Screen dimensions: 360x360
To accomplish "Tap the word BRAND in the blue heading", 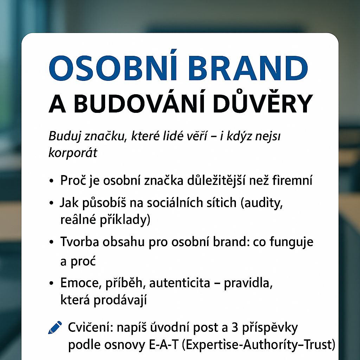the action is click(248, 68).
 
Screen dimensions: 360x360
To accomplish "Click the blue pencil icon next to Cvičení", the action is click(55, 327).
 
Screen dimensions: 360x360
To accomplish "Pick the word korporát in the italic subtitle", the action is click(73, 152).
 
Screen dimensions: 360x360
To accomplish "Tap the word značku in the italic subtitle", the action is click(105, 136).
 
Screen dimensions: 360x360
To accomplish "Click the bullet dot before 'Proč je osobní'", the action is click(51, 181).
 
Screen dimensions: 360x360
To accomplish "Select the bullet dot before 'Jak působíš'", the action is click(51, 203).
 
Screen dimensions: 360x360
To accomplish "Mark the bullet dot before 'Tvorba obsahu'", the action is click(51, 242).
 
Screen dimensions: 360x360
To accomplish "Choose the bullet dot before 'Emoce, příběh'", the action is click(51, 283).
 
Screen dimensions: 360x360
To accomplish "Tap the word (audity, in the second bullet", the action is click(262, 203).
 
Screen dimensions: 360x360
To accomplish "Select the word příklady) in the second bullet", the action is click(125, 220).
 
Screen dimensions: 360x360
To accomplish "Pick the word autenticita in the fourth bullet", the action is click(180, 283).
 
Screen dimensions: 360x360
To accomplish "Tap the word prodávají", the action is click(120, 300).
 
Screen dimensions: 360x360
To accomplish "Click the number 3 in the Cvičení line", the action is click(234, 328).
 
